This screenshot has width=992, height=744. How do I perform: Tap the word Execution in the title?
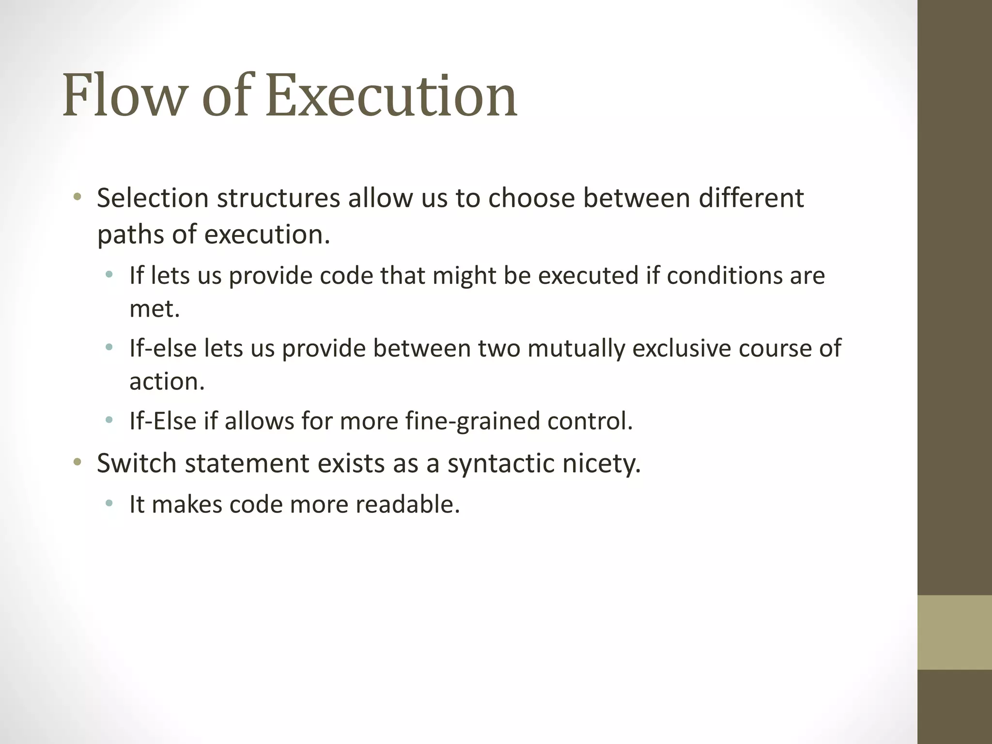[x=391, y=95]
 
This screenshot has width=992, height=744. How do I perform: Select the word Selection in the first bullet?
[x=153, y=198]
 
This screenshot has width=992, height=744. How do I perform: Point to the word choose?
[x=531, y=198]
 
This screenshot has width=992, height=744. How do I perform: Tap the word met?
[x=154, y=309]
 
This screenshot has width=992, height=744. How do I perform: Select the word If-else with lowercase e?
[x=163, y=348]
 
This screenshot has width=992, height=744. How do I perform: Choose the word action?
[x=167, y=382]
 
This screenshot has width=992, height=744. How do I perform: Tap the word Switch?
[x=137, y=463]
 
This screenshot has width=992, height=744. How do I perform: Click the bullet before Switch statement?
[x=77, y=463]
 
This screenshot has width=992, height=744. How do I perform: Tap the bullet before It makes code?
[x=109, y=504]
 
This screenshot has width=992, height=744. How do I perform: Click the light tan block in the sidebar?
[x=954, y=632]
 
